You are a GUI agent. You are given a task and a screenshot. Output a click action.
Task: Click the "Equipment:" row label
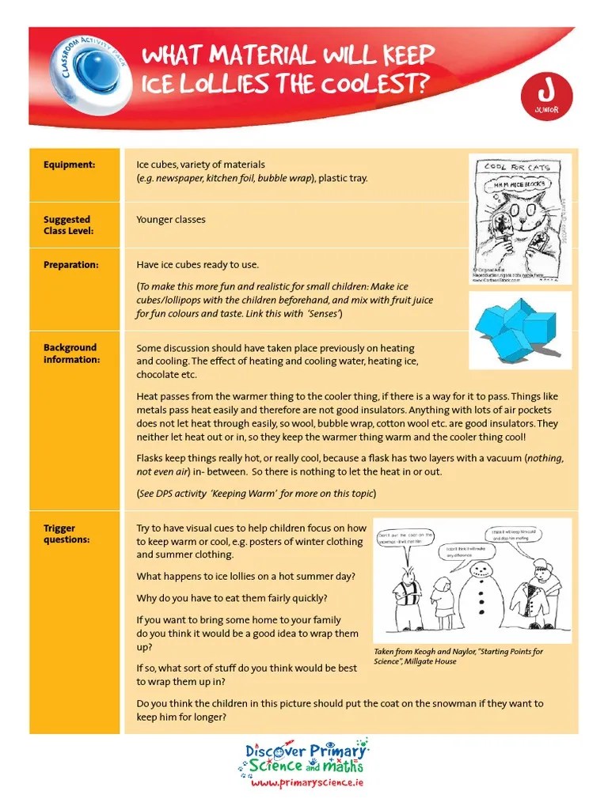[69, 165]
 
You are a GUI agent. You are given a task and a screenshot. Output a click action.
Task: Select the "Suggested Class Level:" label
[66, 225]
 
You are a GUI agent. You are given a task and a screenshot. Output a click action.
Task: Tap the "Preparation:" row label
[70, 265]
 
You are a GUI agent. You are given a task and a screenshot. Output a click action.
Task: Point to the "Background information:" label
[70, 353]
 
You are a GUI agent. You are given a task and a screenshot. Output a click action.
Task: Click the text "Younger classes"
[170, 220]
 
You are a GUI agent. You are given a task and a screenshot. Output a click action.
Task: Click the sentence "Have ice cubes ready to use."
[198, 265]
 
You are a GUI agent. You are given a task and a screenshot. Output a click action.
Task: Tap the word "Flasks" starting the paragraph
[150, 458]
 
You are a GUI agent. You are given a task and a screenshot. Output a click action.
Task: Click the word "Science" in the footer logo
[274, 766]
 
